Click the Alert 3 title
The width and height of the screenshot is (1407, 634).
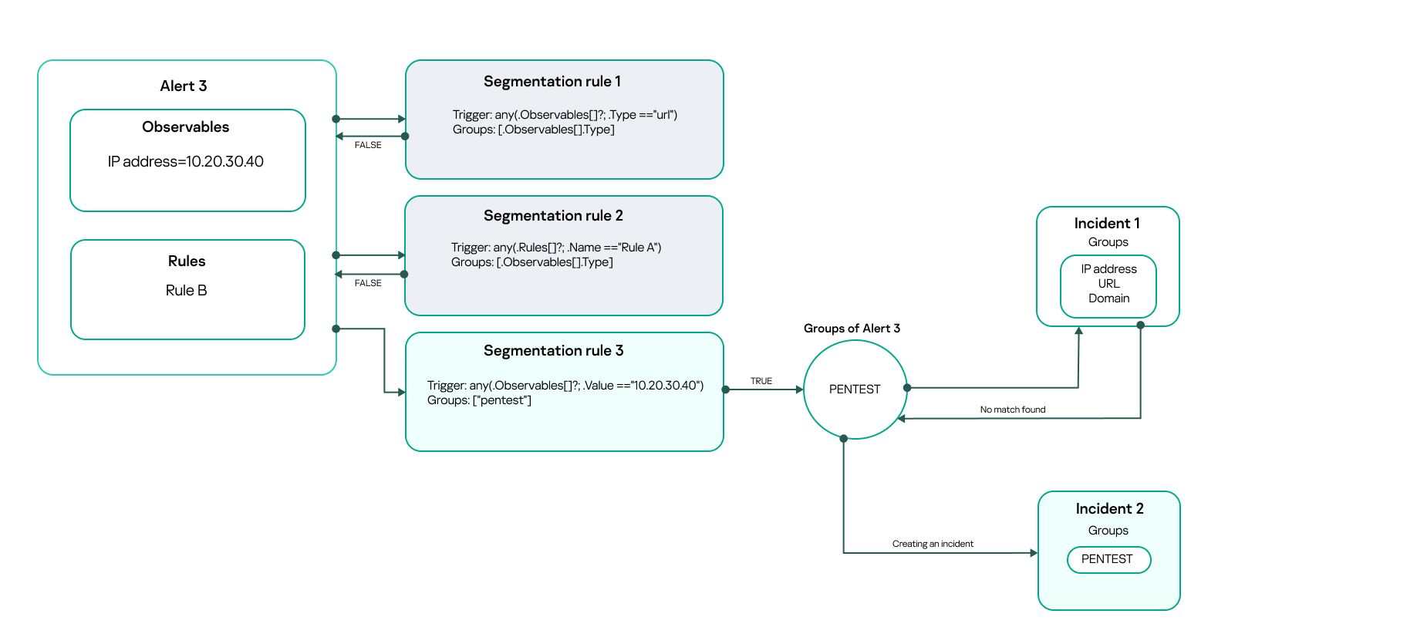183,86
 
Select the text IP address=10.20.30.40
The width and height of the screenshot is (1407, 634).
185,162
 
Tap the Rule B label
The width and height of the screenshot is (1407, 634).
186,291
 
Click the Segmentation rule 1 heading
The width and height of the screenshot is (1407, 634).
552,82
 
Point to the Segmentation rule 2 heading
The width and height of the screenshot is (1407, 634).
553,216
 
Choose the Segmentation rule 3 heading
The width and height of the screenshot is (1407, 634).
553,351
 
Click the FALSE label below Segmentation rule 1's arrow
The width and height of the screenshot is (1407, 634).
368,145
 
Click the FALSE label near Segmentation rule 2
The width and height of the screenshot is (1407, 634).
368,283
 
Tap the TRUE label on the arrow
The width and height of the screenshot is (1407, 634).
761,381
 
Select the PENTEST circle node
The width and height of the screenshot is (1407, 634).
854,390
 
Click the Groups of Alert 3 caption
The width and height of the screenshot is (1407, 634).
852,329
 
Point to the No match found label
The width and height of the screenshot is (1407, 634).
1012,410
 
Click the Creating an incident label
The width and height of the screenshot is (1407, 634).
933,544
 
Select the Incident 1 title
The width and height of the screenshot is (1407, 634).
1107,224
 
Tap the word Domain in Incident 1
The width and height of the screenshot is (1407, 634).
1108,298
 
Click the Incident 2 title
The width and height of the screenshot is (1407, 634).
1109,509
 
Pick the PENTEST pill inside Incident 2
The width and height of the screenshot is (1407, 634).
1108,559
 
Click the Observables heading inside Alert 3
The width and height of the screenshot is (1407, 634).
185,127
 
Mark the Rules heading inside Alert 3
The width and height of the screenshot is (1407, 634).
187,261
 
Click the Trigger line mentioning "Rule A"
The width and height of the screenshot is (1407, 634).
555,248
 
